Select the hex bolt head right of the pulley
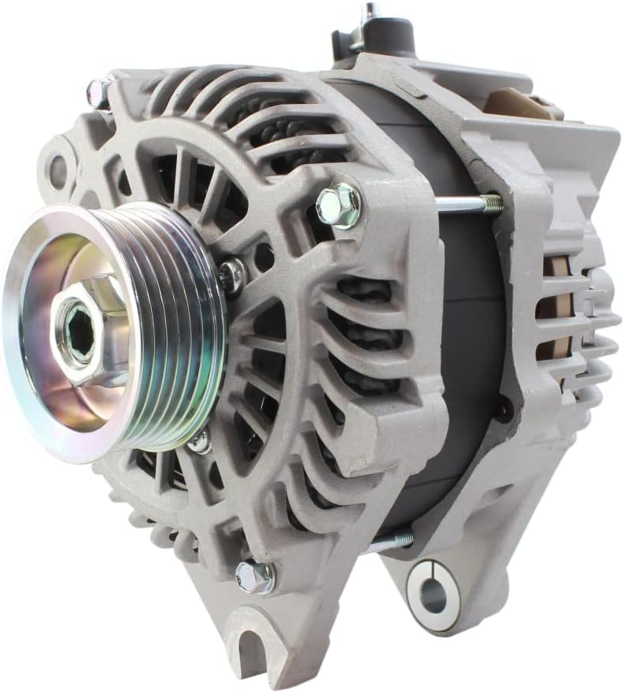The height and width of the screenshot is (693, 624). (339, 206)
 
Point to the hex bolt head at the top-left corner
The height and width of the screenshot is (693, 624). (99, 92)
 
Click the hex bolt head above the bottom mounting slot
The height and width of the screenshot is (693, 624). (255, 576)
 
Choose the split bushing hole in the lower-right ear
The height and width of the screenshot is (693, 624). (433, 596)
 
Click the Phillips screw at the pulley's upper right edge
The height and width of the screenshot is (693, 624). (232, 274)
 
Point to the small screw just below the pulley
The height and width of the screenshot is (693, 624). (200, 441)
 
